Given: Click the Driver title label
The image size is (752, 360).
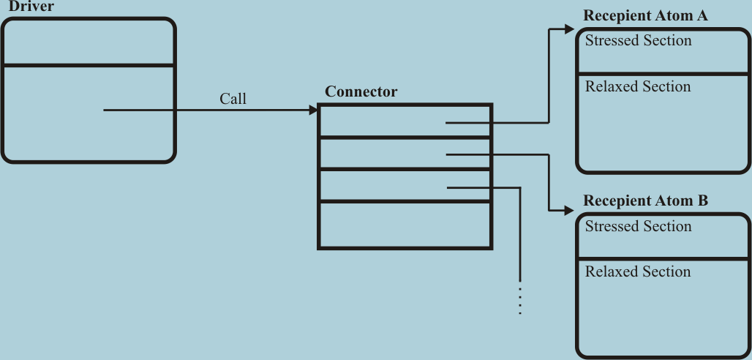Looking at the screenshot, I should click(31, 7).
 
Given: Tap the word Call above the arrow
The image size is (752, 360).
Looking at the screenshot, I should click(233, 99).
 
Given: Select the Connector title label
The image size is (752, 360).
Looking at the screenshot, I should click(361, 92).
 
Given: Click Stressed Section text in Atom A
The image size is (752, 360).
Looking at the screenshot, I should click(638, 41).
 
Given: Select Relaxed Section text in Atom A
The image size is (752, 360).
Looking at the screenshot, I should click(638, 87).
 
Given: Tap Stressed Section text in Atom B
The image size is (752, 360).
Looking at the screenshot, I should click(638, 227).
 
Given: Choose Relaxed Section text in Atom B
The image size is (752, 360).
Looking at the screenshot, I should click(638, 272).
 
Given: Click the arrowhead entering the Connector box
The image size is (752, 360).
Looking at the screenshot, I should click(314, 110).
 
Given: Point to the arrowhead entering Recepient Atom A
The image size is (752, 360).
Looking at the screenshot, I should click(571, 29).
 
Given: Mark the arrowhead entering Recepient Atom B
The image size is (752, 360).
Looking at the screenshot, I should click(571, 211).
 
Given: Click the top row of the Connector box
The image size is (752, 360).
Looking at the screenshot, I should click(380, 121).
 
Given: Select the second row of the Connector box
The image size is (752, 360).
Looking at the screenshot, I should click(380, 153).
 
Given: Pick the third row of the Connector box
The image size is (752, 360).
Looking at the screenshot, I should click(380, 185).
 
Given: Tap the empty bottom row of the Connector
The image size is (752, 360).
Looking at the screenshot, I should click(405, 225).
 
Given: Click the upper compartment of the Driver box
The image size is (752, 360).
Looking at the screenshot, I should click(88, 42).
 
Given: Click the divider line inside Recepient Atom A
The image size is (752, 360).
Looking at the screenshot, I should click(663, 73).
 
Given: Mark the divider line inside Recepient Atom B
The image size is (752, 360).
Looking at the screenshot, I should click(663, 258).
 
